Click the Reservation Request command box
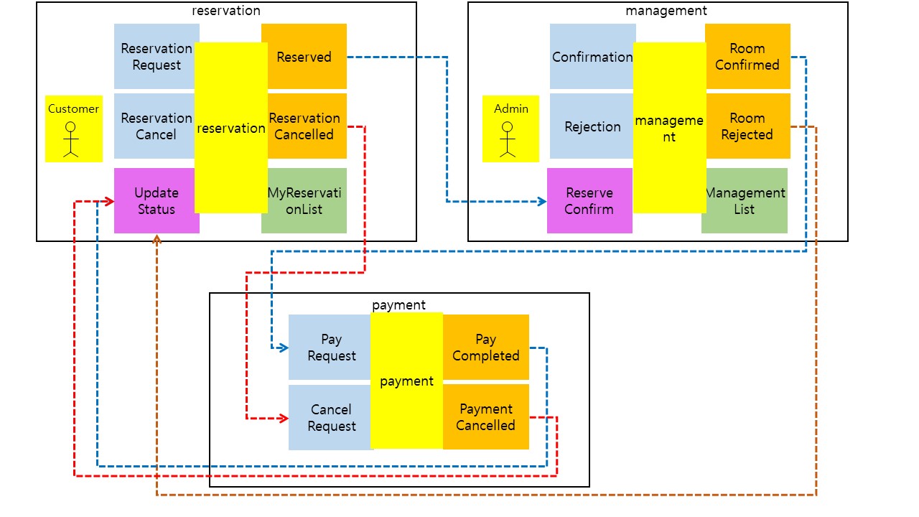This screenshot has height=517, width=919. [155, 57]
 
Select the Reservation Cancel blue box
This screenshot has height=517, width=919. [155, 126]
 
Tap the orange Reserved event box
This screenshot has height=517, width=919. [304, 57]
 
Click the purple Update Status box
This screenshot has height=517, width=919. [156, 201]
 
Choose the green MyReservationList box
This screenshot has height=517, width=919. [304, 201]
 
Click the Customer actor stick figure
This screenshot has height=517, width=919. [70, 139]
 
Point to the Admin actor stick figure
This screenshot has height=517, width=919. [508, 139]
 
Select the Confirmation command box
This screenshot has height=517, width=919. [592, 57]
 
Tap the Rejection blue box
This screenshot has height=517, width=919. [592, 126]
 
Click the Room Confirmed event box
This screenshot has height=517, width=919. [747, 57]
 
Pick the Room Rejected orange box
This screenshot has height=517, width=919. [747, 126]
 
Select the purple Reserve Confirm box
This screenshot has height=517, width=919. [589, 201]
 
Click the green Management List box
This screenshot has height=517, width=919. [745, 201]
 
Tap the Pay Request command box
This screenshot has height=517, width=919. [330, 348]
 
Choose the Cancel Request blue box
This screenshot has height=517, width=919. [330, 417]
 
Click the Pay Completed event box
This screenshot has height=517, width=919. [486, 348]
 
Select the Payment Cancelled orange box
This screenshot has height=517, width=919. [486, 417]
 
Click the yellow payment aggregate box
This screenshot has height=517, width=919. [406, 381]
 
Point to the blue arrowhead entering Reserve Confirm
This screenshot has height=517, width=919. [543, 202]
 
